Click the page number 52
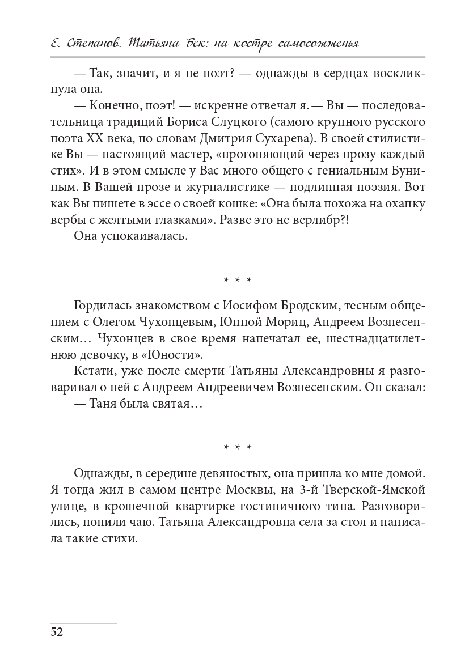56,632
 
